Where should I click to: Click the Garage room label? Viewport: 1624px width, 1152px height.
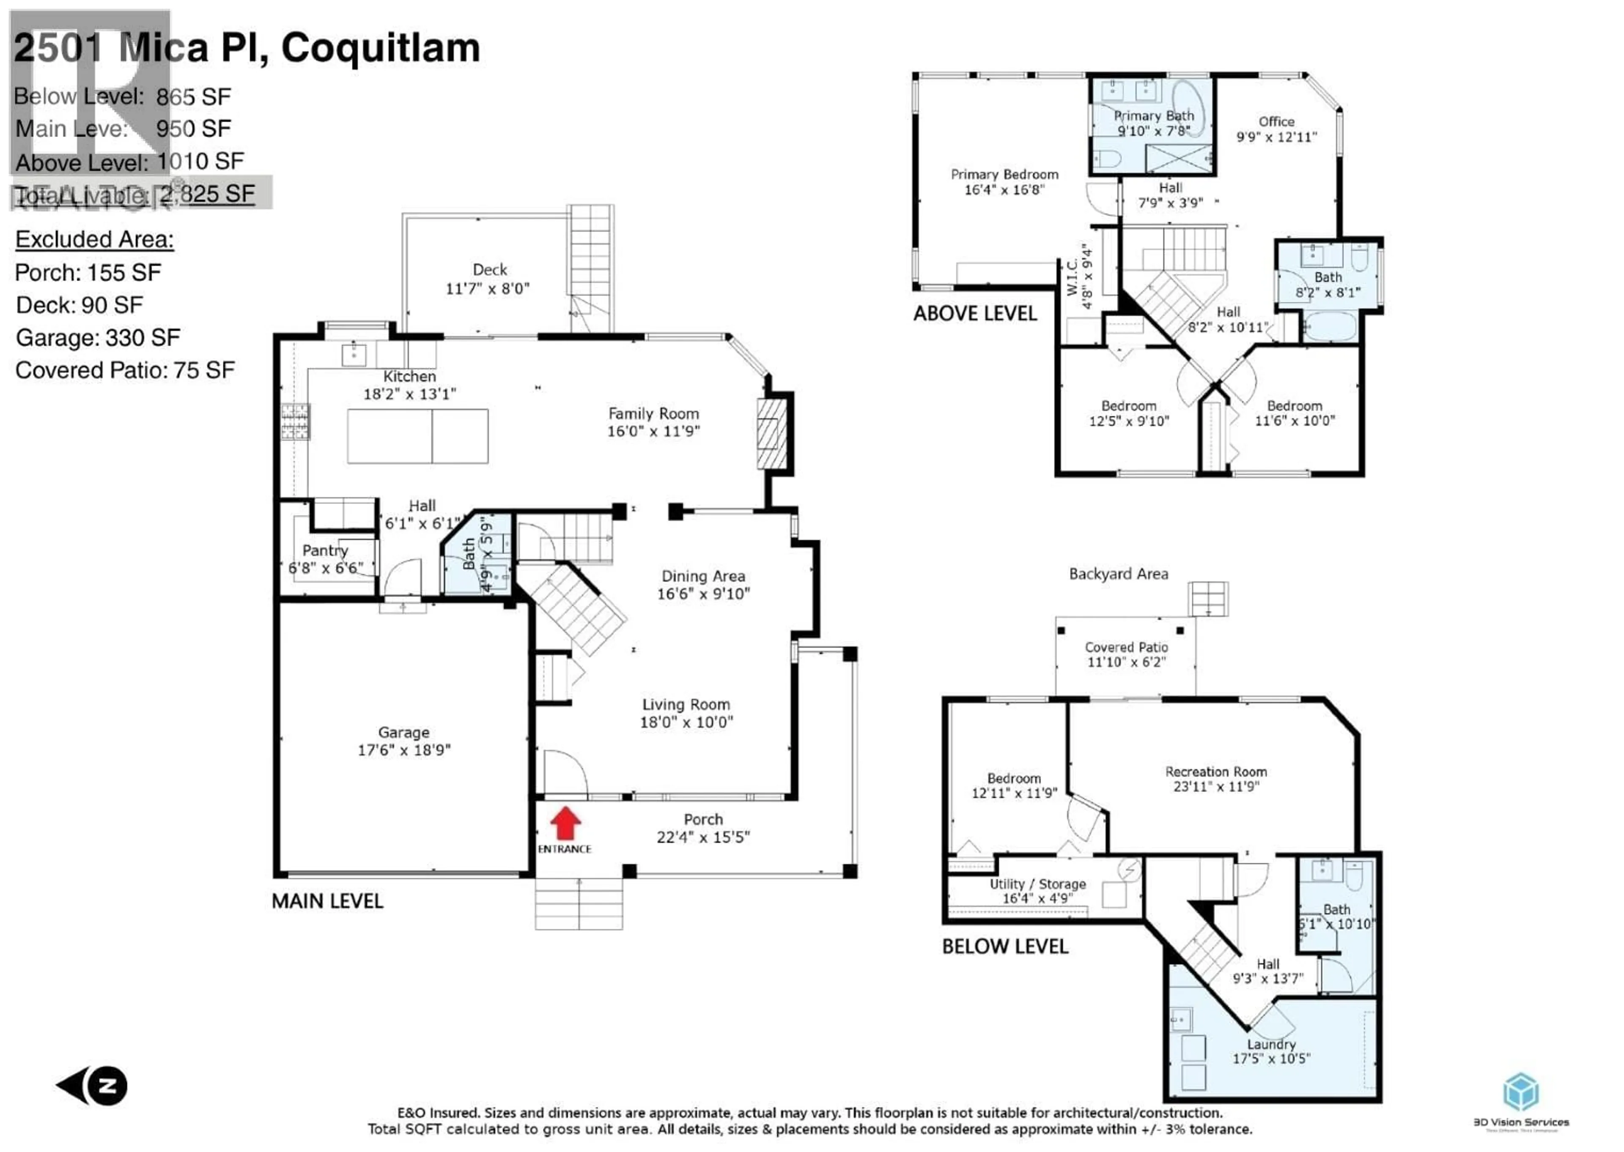pos(403,732)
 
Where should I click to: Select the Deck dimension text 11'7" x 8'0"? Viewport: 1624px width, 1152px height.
pos(488,289)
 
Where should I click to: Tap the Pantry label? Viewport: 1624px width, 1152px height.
pos(325,550)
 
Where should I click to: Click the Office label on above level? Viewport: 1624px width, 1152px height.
pos(1276,121)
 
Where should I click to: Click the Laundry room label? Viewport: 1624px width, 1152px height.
pos(1271,1044)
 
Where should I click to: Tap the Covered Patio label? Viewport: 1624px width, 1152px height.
pos(1126,647)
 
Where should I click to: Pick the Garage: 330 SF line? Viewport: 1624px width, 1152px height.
pos(98,338)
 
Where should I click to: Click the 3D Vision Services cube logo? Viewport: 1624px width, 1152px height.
pos(1521,1091)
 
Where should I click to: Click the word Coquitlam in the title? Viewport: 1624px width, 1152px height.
pos(381,48)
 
